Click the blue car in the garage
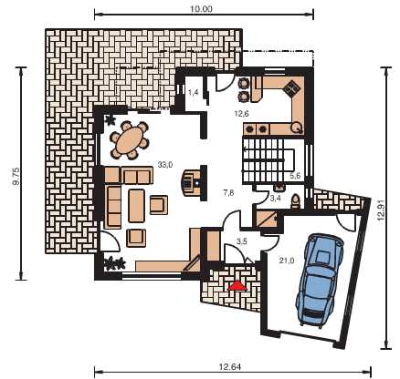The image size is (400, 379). tap(320, 280)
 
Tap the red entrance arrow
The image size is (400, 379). tap(238, 285)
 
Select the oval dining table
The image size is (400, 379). tap(131, 140)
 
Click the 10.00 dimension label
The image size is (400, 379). tap(201, 9)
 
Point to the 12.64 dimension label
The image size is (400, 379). tap(230, 367)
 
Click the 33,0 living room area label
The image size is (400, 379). tap(165, 165)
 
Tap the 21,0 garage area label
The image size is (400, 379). tap(287, 260)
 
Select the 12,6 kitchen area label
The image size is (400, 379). tap(242, 114)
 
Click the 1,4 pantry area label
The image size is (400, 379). tap(194, 92)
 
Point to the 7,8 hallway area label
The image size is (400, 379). tap(228, 192)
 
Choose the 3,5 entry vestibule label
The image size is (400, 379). tap(242, 241)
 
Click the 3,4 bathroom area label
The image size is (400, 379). tap(276, 199)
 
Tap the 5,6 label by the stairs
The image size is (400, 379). tap(295, 175)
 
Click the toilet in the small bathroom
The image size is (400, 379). tap(295, 201)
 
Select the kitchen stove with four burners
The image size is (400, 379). tap(292, 88)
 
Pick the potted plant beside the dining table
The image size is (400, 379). tap(110, 120)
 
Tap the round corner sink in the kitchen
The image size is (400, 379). tap(296, 128)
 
